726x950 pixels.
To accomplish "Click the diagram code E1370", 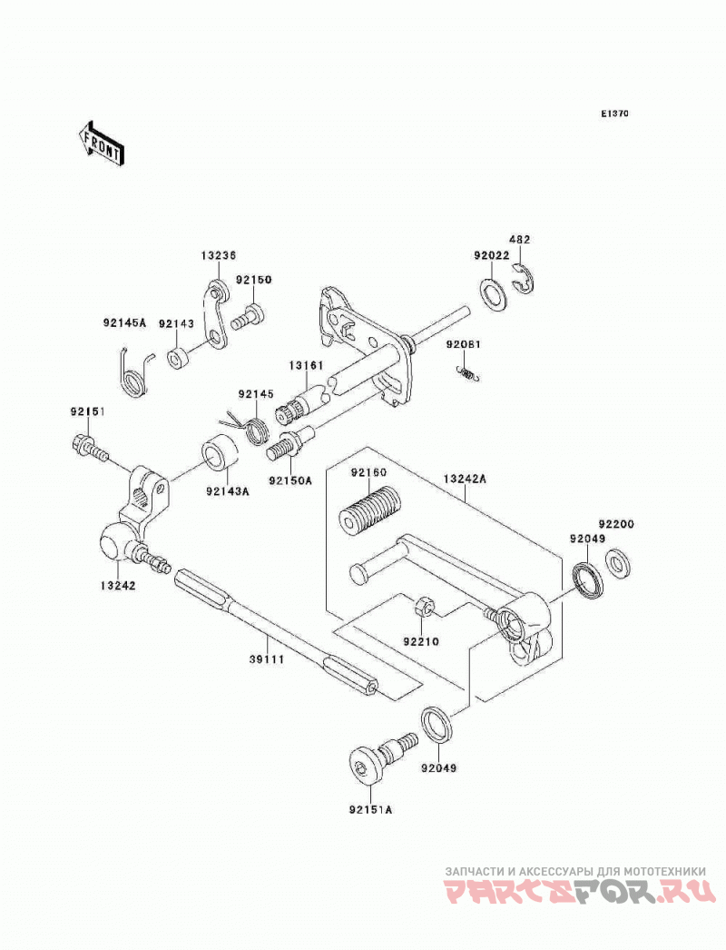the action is [x=614, y=114].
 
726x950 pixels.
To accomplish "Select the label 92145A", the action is [x=124, y=323].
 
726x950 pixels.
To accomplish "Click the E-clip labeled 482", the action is [x=523, y=280].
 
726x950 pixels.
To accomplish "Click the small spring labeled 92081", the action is [x=468, y=373].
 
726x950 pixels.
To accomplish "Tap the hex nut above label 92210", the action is [x=422, y=607].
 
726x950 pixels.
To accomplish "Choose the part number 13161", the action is [x=306, y=365].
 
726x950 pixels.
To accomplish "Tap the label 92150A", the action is [x=291, y=480].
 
